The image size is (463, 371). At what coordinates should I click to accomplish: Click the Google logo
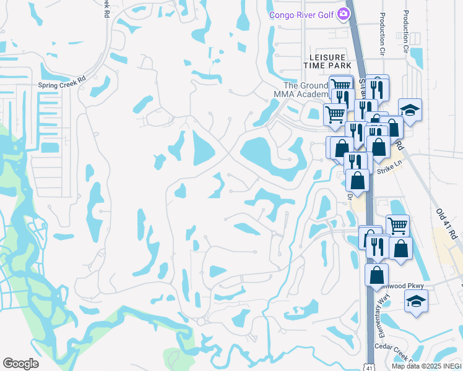pos(20,363)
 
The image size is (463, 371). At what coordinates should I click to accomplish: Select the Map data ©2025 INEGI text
pos(426,366)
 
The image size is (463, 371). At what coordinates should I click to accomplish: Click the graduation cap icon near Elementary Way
pos(416,302)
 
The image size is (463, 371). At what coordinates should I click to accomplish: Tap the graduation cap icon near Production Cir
pos(409,109)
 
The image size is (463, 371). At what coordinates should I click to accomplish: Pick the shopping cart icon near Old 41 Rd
pos(397,225)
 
